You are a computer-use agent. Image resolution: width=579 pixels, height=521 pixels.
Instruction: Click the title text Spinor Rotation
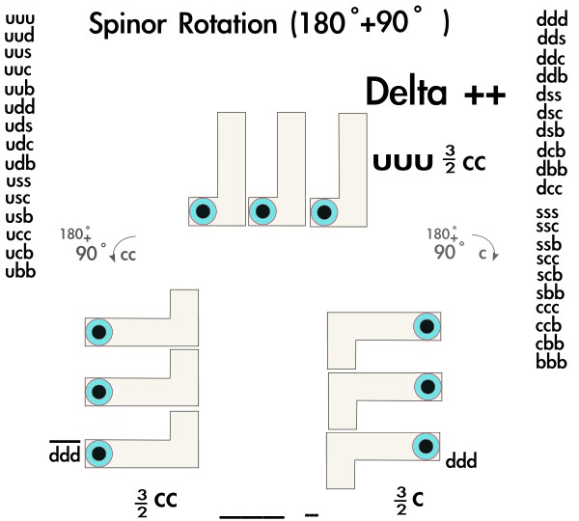click(x=184, y=26)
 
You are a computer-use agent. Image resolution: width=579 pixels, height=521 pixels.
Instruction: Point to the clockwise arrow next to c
click(x=493, y=253)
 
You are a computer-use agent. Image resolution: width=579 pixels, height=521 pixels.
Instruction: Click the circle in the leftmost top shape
click(x=203, y=211)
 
